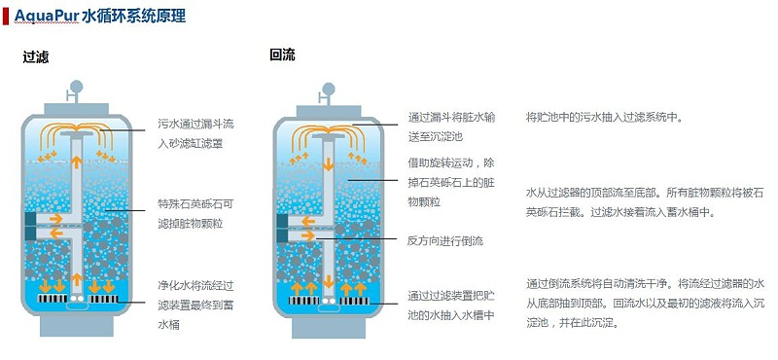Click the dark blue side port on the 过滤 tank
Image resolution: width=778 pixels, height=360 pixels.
30,222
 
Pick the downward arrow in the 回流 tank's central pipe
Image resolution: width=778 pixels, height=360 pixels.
329,163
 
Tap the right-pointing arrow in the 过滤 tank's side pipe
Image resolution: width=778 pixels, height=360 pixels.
56,219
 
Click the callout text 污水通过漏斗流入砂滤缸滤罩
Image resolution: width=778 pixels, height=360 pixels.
195,133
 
